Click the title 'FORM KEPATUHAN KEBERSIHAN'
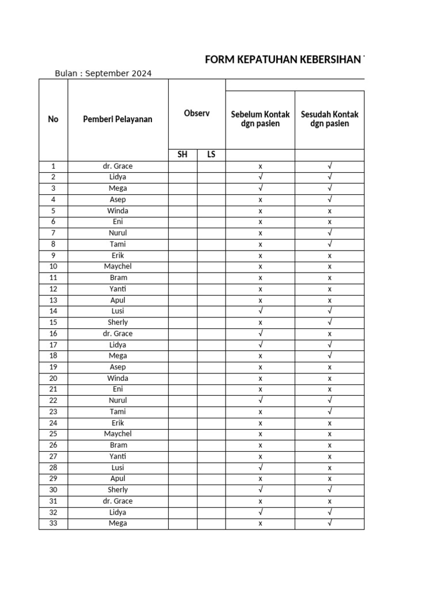[x=284, y=60]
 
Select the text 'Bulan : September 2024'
[x=103, y=73]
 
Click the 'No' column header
[x=53, y=119]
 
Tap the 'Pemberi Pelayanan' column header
[x=118, y=119]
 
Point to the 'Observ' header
[x=196, y=114]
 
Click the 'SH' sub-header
[x=182, y=155]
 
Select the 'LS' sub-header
[x=211, y=155]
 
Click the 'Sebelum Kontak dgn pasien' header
[x=260, y=119]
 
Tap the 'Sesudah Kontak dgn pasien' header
[x=329, y=119]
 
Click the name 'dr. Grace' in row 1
[x=118, y=166]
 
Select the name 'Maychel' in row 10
[x=118, y=266]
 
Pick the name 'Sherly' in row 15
[x=118, y=322]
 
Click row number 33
[x=53, y=523]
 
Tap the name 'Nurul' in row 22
[x=118, y=400]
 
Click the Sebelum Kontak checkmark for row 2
[x=260, y=177]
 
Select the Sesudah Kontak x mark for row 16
[x=330, y=334]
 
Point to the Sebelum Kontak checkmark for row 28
[x=260, y=467]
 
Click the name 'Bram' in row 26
[x=118, y=445]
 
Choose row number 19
[x=53, y=367]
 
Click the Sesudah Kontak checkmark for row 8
[x=330, y=244]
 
